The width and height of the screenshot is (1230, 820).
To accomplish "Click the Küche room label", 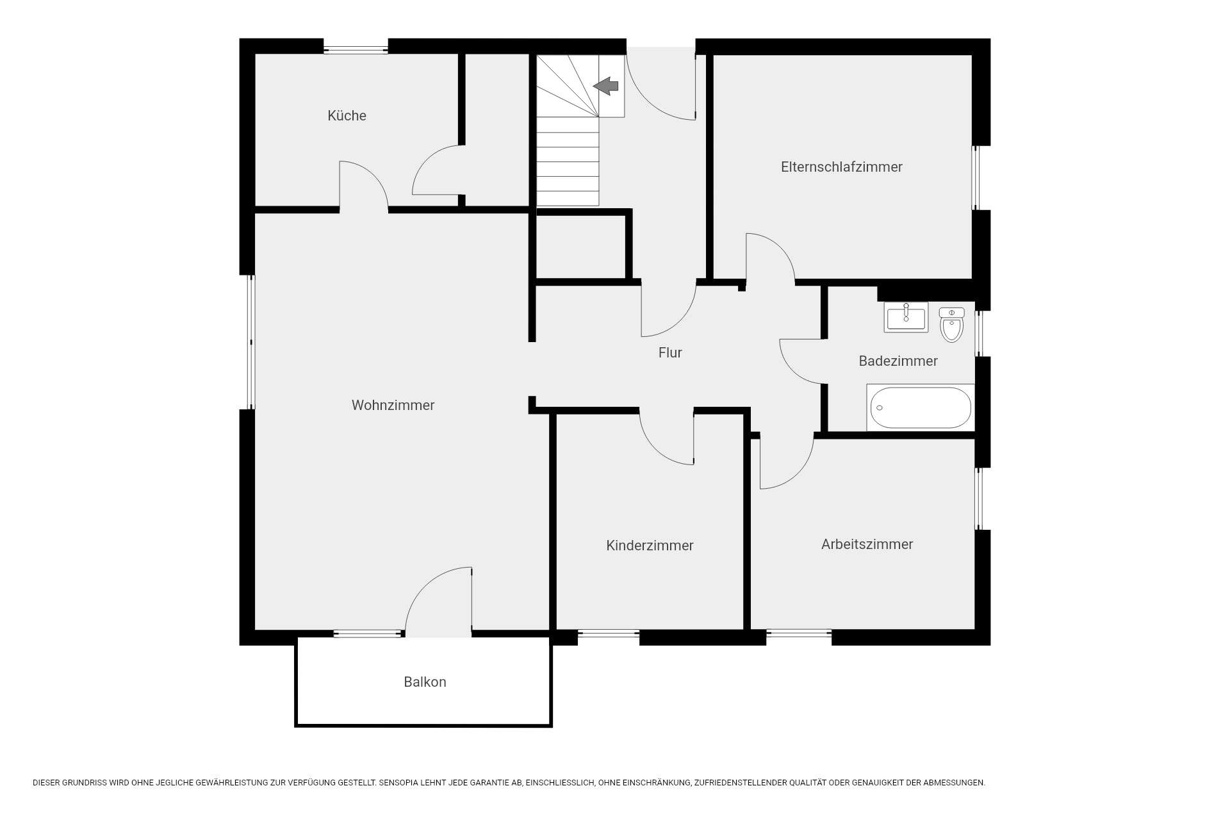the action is tap(347, 116).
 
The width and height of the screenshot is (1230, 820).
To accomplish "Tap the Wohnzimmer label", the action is tap(393, 405).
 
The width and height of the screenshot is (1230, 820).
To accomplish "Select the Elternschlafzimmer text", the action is tap(841, 167).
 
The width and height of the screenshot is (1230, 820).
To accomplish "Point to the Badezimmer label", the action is tap(898, 361).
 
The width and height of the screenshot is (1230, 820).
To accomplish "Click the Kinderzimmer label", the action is tap(650, 545).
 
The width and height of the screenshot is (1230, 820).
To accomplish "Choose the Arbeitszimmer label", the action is tap(867, 544).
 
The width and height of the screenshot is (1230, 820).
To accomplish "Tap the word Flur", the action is tap(670, 352).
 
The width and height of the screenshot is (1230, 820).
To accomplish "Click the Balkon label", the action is tap(425, 682).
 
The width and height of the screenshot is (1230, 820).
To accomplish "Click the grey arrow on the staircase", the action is tap(606, 86).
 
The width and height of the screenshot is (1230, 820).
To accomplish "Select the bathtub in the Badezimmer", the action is tap(921, 407).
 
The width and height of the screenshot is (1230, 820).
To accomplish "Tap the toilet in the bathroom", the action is tap(951, 324).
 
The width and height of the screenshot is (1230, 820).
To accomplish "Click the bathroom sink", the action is tap(906, 317).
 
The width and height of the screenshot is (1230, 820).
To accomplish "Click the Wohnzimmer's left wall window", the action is tap(251, 342).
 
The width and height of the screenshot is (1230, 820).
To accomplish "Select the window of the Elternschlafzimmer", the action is tap(976, 178).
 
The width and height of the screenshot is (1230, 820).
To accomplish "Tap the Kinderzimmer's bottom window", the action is tap(609, 634).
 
